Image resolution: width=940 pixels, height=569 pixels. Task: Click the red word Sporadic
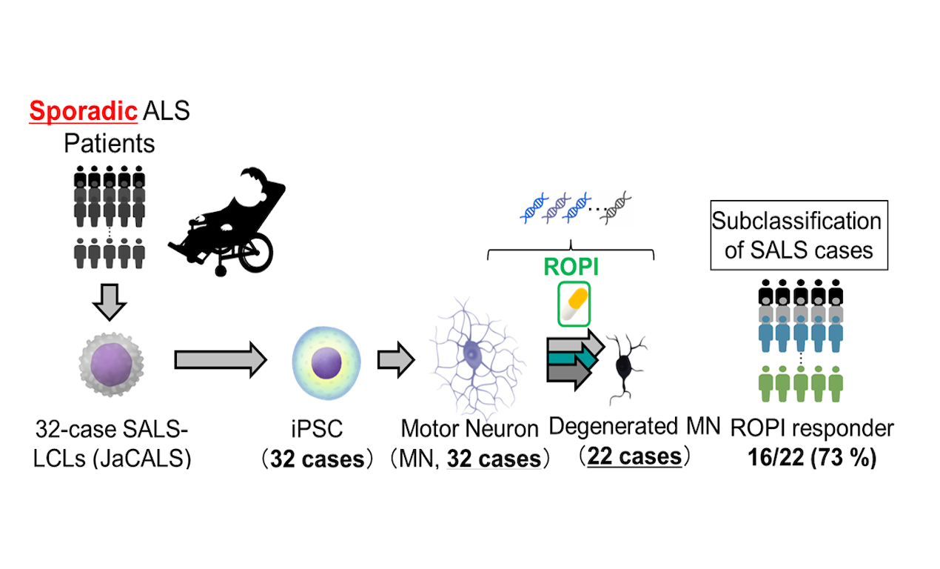[82, 112]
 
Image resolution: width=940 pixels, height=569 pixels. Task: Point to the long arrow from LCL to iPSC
[221, 361]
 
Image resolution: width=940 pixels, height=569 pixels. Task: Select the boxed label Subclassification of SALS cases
[798, 236]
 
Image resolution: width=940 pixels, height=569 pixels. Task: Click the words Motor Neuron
[469, 427]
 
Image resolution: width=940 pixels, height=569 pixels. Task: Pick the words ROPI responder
[812, 428]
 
